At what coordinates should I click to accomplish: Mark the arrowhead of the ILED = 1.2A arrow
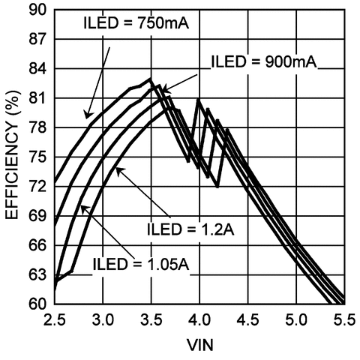(116, 169)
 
